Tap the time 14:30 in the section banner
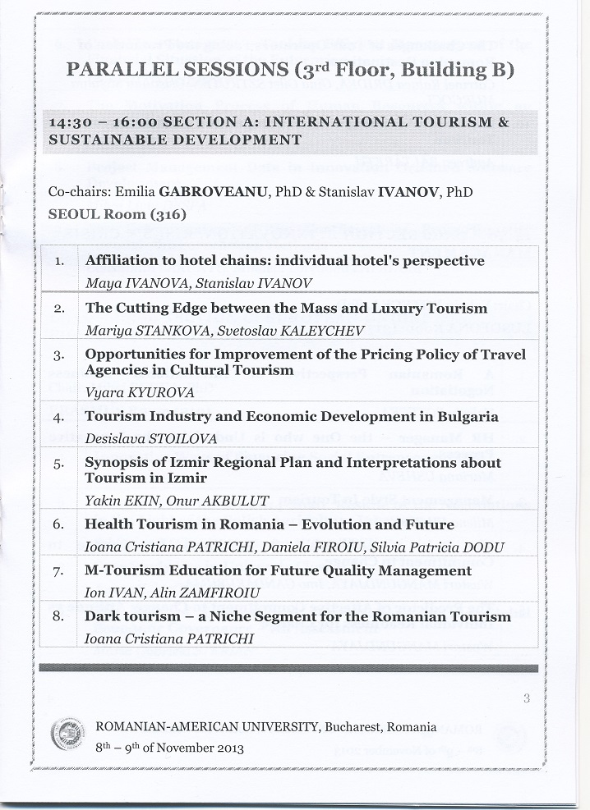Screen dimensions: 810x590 coord(71,122)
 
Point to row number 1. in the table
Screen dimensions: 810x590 coord(59,262)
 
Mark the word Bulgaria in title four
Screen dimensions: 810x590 coord(463,417)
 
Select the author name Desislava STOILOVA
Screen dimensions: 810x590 coord(139,437)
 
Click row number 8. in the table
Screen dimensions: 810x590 coord(59,616)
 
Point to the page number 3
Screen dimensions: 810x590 coord(525,698)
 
